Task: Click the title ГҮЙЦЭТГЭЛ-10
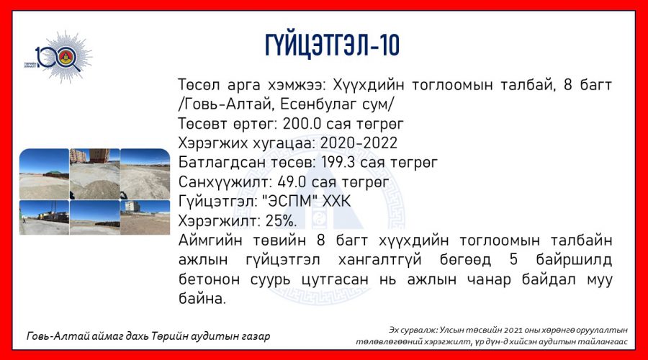point(332,45)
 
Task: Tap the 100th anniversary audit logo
point(59,57)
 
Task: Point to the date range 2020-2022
point(359,143)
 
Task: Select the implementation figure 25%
point(281,221)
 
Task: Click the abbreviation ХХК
point(336,202)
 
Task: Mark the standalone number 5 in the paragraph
point(513,260)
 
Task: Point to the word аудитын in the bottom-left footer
point(208,336)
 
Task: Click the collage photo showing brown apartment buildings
point(94,174)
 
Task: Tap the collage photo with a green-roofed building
point(44,174)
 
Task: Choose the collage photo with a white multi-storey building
point(145,217)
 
